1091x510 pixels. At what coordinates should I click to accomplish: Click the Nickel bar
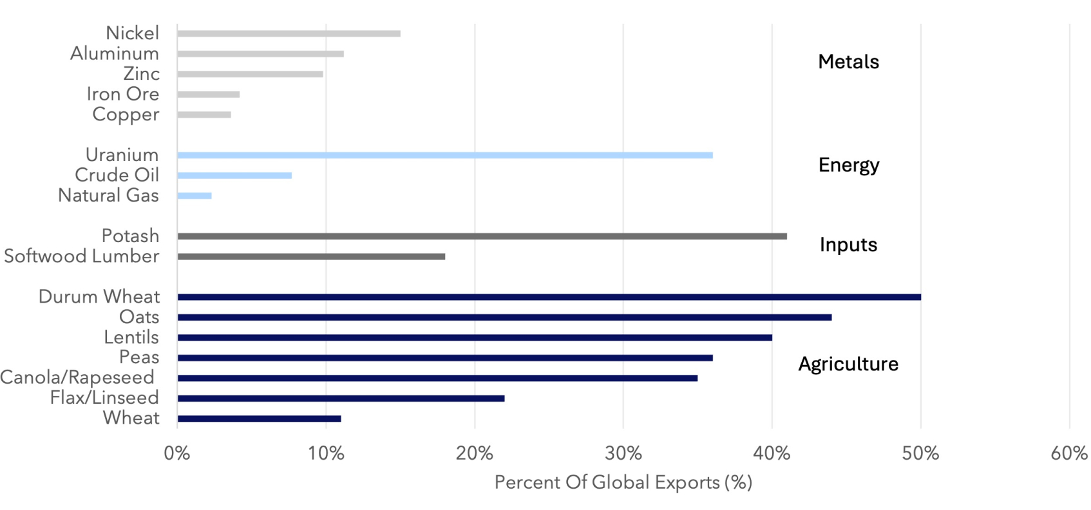point(289,33)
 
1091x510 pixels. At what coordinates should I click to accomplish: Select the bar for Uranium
point(445,155)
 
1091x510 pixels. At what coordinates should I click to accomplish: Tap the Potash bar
point(482,236)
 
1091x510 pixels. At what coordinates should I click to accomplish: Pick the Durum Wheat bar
point(549,297)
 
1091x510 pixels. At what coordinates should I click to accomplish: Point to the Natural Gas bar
point(194,196)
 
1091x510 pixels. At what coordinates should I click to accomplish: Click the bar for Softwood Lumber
point(311,257)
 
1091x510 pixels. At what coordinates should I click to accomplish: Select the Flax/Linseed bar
point(341,399)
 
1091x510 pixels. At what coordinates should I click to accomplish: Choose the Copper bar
point(204,115)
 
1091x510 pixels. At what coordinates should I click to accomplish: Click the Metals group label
point(848,62)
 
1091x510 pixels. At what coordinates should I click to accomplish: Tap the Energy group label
point(849,165)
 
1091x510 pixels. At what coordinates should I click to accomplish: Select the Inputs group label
point(848,245)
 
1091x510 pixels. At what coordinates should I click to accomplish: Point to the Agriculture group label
point(848,364)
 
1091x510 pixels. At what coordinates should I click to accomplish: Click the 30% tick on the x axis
point(623,453)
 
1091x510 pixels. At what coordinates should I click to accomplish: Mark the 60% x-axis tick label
point(1069,453)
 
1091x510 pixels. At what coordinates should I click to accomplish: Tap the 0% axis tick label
point(177,453)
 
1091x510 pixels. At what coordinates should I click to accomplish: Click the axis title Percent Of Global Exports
point(623,482)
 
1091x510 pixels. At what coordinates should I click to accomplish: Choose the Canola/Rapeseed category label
point(77,377)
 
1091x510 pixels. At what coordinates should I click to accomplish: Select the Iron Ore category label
point(123,94)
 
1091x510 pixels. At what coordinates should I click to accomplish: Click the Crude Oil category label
point(117,175)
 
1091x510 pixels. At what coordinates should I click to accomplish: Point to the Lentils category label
point(131,337)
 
